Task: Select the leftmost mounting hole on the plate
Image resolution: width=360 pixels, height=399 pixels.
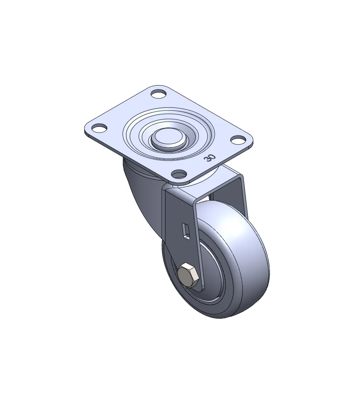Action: [99, 128]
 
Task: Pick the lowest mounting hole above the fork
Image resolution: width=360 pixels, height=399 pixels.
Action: [179, 174]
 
